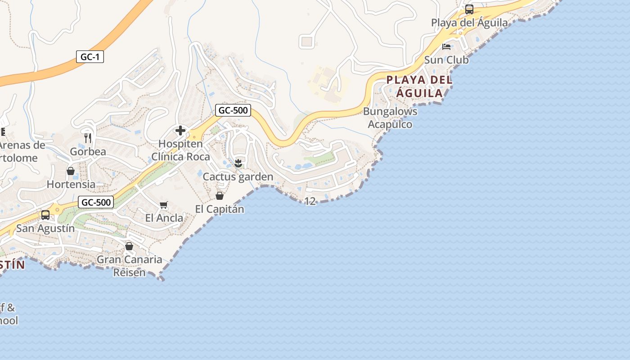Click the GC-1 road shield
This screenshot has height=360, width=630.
coord(90,57)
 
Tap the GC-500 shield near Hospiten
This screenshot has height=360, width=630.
coord(233,110)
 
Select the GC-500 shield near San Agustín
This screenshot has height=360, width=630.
coord(96,202)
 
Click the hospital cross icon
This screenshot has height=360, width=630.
coord(180,130)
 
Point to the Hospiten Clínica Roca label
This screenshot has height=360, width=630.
coord(180,150)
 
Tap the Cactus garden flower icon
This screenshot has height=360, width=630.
coord(238,163)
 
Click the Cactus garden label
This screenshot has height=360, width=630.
coord(238,177)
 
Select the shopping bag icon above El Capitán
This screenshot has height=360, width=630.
coord(220,196)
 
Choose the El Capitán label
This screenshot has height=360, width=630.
coord(220,209)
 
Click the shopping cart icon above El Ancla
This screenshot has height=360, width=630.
coord(164,205)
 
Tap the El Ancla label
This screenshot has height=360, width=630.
coord(164,218)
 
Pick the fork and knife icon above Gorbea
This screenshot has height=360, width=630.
coord(88,138)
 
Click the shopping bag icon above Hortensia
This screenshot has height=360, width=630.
coord(71,171)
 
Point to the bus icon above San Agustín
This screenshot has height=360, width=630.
coord(45,215)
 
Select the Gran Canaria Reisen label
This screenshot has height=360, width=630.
coord(130,266)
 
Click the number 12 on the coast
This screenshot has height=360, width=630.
coord(310,201)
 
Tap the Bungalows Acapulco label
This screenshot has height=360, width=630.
coord(390,117)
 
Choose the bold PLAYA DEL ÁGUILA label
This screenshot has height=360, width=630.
coord(419,86)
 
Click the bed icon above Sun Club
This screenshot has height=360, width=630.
coord(446,46)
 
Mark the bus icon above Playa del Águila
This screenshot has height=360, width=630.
coord(469,9)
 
